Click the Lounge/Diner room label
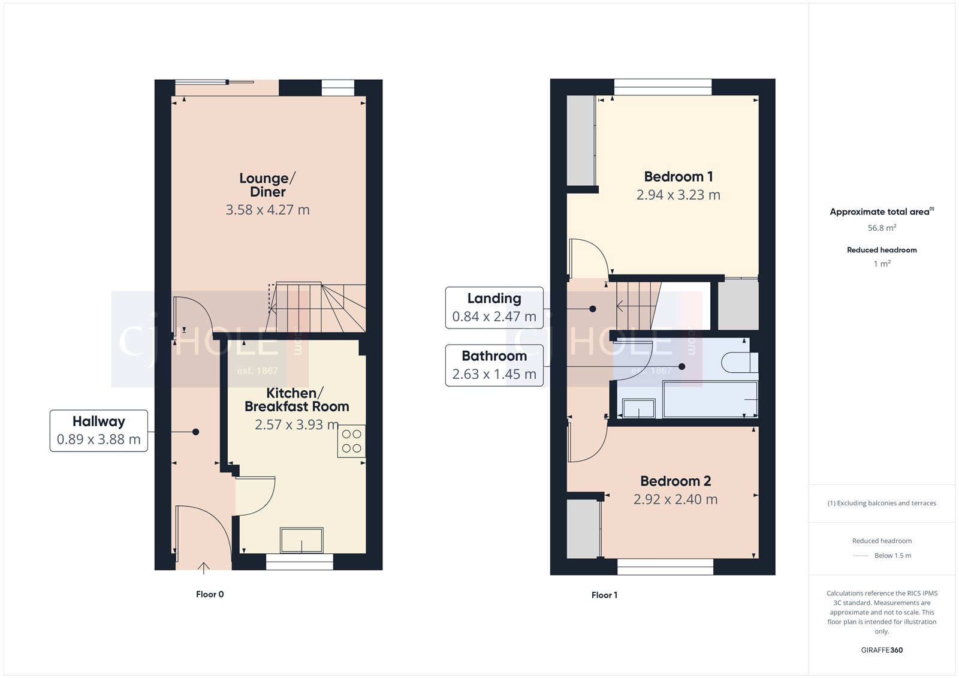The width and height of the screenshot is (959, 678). pyautogui.click(x=267, y=185)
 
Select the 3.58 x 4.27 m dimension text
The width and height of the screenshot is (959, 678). pyautogui.click(x=267, y=210)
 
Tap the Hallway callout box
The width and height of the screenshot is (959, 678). pyautogui.click(x=99, y=430)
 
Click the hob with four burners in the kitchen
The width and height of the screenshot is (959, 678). pyautogui.click(x=351, y=441)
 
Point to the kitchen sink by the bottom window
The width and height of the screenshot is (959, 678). pyautogui.click(x=301, y=540)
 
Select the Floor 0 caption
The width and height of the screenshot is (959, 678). pyautogui.click(x=210, y=594)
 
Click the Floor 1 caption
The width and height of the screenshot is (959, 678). pyautogui.click(x=604, y=595)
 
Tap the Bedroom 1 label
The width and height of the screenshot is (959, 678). pyautogui.click(x=678, y=177)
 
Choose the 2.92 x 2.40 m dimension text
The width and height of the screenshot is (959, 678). pyautogui.click(x=675, y=499)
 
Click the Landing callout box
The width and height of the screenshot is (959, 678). pyautogui.click(x=494, y=308)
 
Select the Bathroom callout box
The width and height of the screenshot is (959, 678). pyautogui.click(x=494, y=365)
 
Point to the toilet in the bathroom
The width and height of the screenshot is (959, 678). pyautogui.click(x=740, y=363)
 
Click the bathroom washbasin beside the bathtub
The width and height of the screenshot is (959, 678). pyautogui.click(x=638, y=408)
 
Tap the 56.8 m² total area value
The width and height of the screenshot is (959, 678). pyautogui.click(x=882, y=228)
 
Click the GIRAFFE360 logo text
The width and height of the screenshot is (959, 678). pyautogui.click(x=882, y=650)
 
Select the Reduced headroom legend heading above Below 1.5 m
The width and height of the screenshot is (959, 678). pyautogui.click(x=882, y=541)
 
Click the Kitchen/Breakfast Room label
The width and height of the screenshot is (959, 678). pyautogui.click(x=297, y=400)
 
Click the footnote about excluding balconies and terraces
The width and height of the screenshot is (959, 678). pyautogui.click(x=882, y=503)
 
